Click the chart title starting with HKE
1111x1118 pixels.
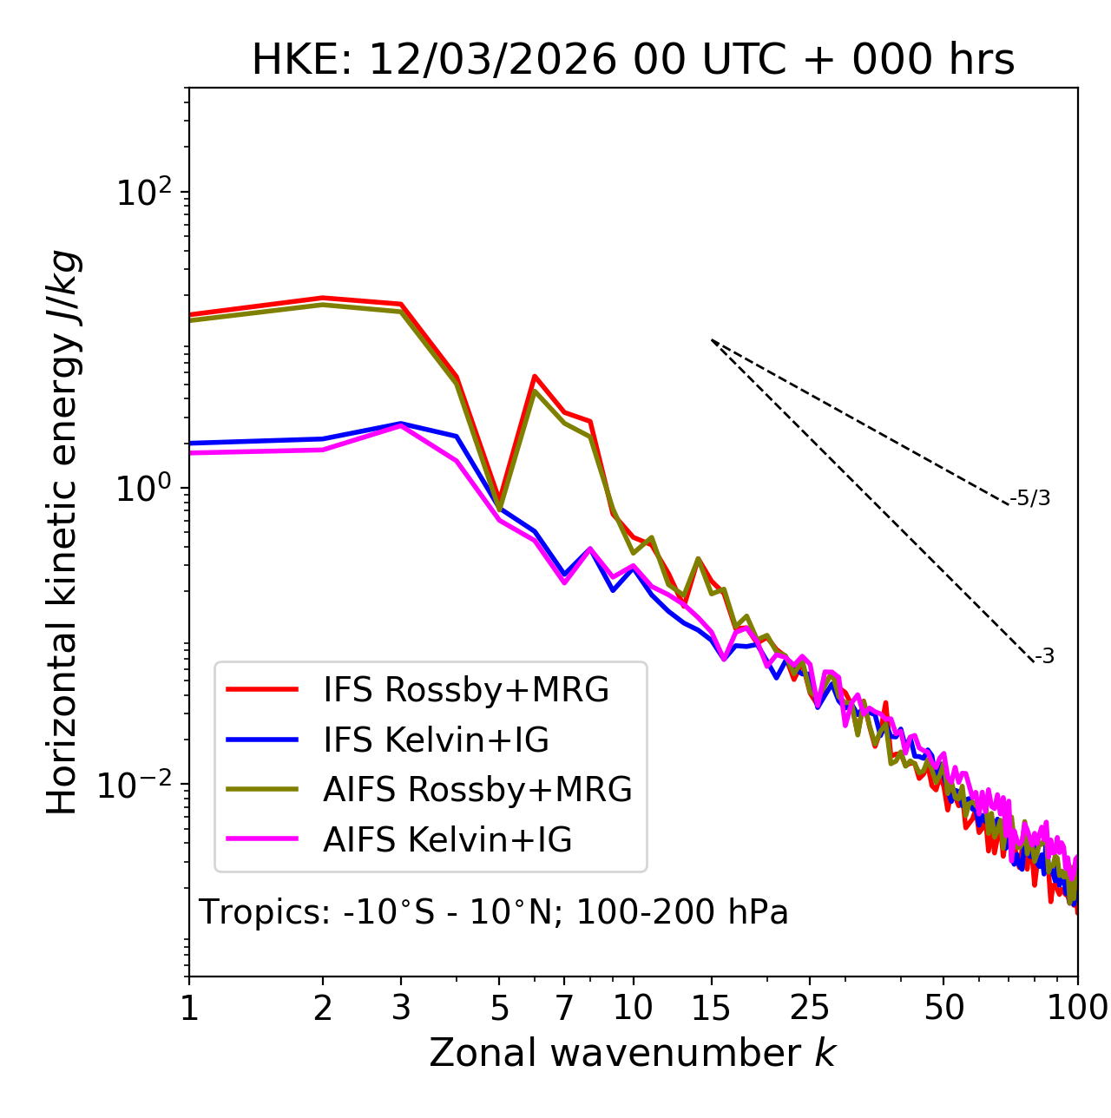pos(633,61)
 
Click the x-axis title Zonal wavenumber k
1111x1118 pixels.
pos(632,1053)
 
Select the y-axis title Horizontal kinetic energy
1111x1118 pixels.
pos(62,532)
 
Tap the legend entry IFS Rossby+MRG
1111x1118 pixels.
pos(465,690)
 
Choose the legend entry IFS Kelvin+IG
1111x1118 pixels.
pos(436,740)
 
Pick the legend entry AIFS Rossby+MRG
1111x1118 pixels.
pos(477,790)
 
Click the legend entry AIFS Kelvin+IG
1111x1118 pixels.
pos(447,840)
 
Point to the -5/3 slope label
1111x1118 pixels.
pos(1030,498)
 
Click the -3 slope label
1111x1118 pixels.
pos(1044,657)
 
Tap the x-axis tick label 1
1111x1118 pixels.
pos(189,1008)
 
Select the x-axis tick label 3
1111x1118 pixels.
pos(401,1008)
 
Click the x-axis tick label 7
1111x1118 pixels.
pos(564,1008)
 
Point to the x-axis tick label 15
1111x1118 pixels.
pos(711,1008)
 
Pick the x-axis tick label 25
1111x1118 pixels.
pos(810,1008)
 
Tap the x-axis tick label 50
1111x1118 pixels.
pos(944,1008)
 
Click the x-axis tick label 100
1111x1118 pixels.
pos(1077,1008)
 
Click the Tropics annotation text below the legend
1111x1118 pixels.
pos(493,912)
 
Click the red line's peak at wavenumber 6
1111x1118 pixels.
pos(536,376)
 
